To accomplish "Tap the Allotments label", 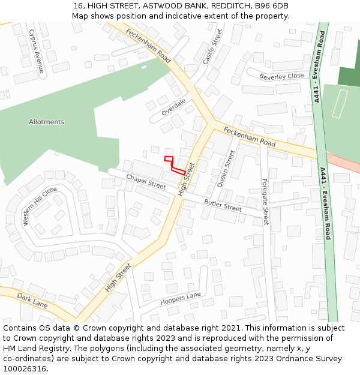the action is coord(46,122).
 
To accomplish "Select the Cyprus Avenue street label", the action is coord(37,52).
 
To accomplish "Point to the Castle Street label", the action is coord(212,47).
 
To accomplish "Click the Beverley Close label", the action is coord(281,76).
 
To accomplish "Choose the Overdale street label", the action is coord(174,106).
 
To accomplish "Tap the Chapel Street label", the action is coord(146,182).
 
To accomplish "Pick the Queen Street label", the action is coord(226,169).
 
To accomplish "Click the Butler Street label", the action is coord(223,206).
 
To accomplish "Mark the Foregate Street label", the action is coord(265,202).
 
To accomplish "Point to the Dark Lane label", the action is coord(32,301).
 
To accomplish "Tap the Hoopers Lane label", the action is coord(180,298).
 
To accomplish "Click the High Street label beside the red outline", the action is coord(187,179).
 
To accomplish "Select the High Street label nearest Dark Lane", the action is coord(118,278).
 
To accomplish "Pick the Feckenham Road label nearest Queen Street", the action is coord(249,137).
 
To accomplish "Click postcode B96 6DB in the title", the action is coord(272,6).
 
